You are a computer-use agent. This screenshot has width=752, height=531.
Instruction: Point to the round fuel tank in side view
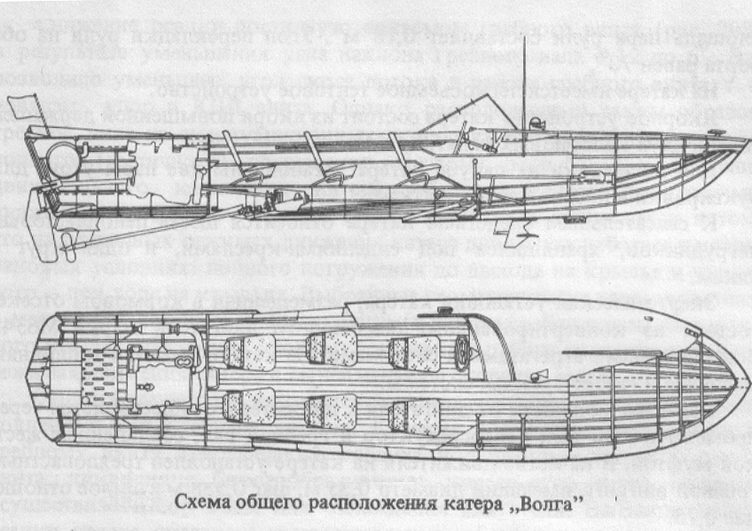(63, 160)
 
